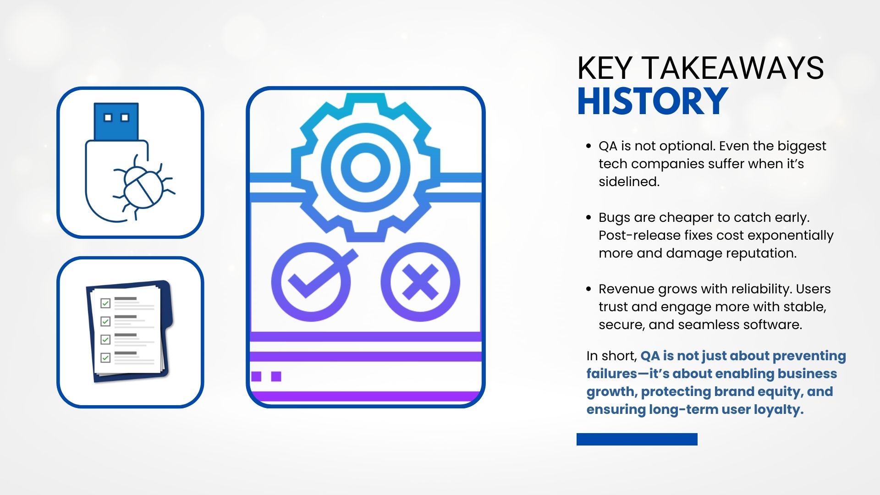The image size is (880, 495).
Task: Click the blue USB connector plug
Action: click(116, 121)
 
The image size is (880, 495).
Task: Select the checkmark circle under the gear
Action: click(312, 281)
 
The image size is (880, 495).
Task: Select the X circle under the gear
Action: click(420, 281)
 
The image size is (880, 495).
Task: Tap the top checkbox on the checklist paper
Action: click(105, 303)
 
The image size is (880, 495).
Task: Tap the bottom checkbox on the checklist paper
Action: click(105, 357)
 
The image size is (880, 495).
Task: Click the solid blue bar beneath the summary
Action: click(637, 439)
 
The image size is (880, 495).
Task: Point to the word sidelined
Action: click(629, 181)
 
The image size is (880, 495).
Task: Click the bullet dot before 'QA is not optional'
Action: click(588, 146)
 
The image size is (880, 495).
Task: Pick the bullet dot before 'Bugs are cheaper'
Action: click(588, 218)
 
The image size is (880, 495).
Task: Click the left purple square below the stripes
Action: click(256, 376)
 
